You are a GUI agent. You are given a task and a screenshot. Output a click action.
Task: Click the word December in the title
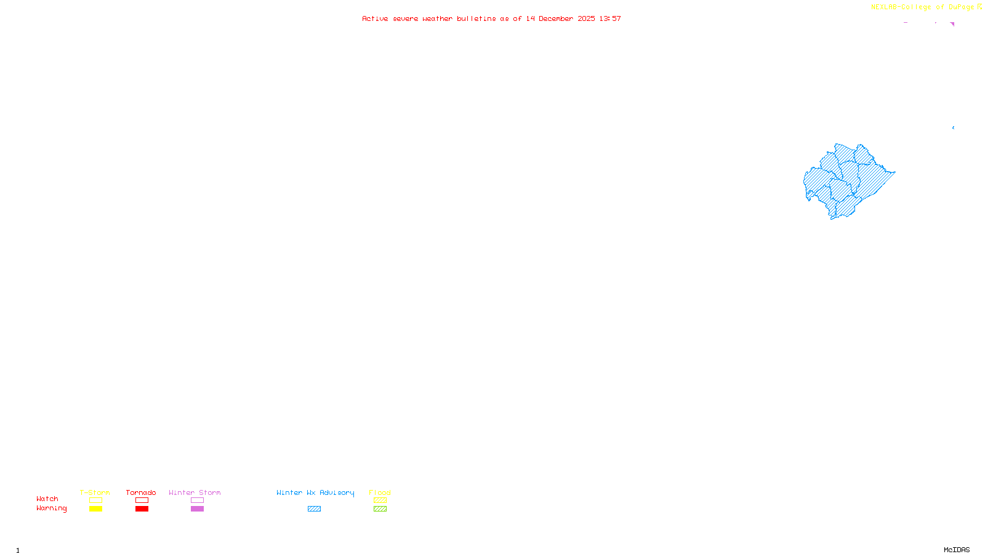pyautogui.click(x=556, y=18)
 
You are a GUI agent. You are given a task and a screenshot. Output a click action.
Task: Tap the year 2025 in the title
pyautogui.click(x=586, y=18)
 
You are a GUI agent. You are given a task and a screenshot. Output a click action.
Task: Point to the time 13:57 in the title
pyautogui.click(x=610, y=18)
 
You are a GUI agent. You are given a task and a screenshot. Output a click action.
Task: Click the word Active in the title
pyautogui.click(x=375, y=18)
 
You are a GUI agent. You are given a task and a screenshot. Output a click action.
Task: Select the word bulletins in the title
pyautogui.click(x=476, y=18)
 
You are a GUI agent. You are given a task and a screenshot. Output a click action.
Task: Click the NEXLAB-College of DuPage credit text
pyautogui.click(x=922, y=7)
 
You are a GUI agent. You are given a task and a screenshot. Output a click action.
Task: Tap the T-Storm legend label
pyautogui.click(x=95, y=492)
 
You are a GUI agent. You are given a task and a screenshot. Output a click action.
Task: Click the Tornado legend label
pyautogui.click(x=141, y=492)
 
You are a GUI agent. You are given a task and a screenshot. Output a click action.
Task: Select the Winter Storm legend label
pyautogui.click(x=195, y=492)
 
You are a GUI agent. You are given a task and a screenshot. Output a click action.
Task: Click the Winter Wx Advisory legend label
pyautogui.click(x=315, y=492)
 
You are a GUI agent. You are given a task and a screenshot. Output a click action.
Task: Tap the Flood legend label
pyautogui.click(x=380, y=492)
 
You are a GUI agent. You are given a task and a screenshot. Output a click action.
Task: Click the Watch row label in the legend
pyautogui.click(x=47, y=499)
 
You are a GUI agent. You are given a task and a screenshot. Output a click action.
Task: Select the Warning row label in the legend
pyautogui.click(x=52, y=508)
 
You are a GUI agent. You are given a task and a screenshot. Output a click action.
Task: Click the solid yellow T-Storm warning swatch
pyautogui.click(x=95, y=509)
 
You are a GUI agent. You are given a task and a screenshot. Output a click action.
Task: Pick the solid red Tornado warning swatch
pyautogui.click(x=142, y=509)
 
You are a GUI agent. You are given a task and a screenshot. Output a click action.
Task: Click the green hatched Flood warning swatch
pyautogui.click(x=380, y=509)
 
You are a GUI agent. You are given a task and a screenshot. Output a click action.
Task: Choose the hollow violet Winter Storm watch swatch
pyautogui.click(x=197, y=500)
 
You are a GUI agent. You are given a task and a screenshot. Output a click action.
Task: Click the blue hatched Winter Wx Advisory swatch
pyautogui.click(x=314, y=509)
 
